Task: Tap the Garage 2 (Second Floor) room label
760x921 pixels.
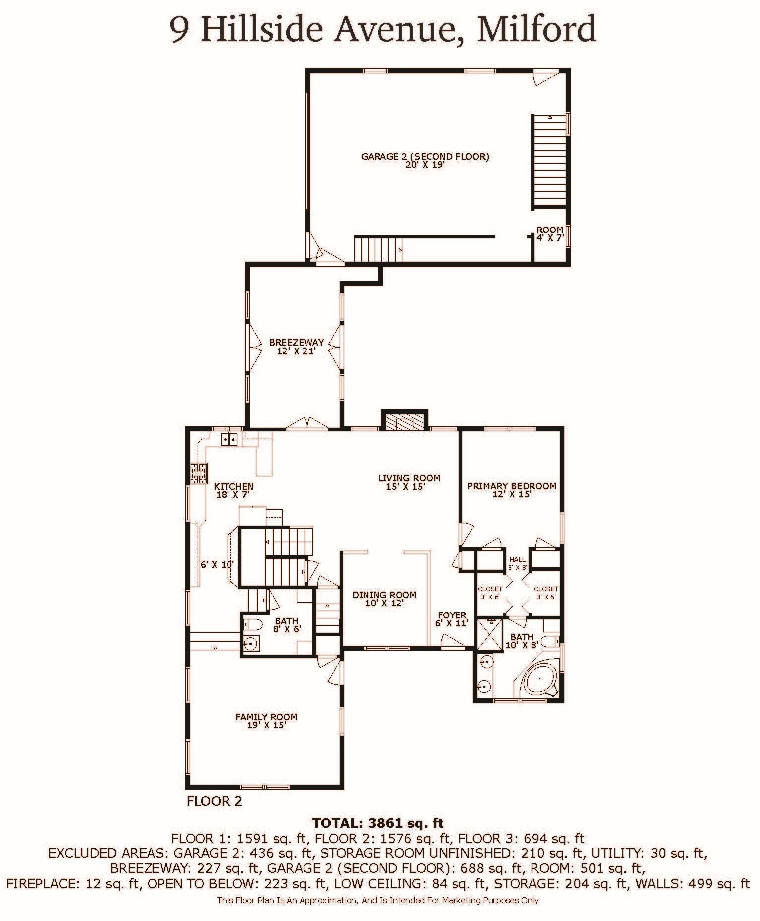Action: tap(425, 160)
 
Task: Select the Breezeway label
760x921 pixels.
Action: tap(297, 346)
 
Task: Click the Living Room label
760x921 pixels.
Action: tap(409, 482)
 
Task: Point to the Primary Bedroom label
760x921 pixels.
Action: tap(512, 490)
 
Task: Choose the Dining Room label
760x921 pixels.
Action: tap(384, 599)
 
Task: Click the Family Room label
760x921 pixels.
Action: tap(266, 721)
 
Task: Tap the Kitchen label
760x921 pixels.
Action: tap(233, 490)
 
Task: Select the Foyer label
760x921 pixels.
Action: tap(452, 619)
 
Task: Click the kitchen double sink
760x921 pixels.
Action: tap(229, 439)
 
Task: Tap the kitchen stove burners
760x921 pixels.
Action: tap(198, 473)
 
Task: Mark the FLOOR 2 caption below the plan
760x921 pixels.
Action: tap(215, 801)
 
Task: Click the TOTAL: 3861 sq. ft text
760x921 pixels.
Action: tap(378, 823)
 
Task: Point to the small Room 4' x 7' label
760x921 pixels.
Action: tap(550, 233)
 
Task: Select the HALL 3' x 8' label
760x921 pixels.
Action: tap(517, 563)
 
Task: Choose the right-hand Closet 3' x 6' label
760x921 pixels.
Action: tap(545, 593)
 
